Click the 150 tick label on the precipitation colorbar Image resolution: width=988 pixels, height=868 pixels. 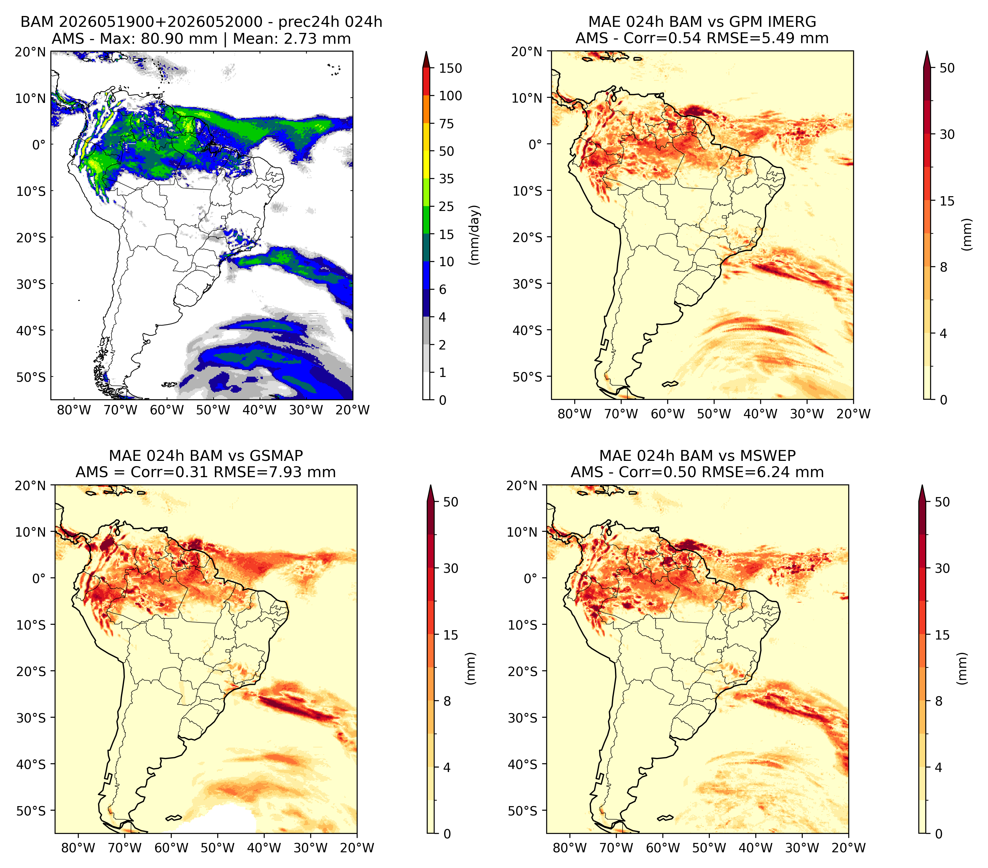pos(451,68)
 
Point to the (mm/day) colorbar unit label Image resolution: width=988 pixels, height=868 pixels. pos(475,235)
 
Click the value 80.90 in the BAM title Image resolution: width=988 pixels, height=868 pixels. pos(161,39)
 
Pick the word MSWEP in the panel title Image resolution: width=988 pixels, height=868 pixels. pos(771,456)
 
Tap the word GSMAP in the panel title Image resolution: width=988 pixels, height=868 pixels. pos(276,456)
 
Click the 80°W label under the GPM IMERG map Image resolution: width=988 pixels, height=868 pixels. pos(574,414)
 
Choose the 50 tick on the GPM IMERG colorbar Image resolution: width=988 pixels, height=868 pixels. pos(947,68)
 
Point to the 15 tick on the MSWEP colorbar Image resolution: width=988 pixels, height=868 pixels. pos(942,635)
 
